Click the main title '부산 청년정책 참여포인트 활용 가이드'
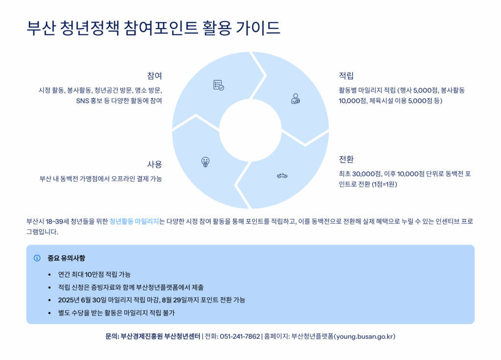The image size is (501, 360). tap(153, 28)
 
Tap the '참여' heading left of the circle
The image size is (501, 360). tap(155, 76)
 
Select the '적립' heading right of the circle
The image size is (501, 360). tap(346, 76)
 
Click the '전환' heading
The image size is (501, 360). tap(346, 159)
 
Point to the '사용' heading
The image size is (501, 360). tap(155, 164)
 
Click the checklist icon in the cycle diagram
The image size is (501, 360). tap(219, 85)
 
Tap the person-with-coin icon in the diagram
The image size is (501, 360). tap(296, 99)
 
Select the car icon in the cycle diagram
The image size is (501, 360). tap(282, 176)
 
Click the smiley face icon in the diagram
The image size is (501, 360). tap(205, 162)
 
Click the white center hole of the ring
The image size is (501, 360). tap(250, 130)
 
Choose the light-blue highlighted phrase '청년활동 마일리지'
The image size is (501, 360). tap(134, 222)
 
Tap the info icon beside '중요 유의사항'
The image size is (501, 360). tap(37, 258)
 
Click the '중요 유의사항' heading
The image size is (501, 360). tap(67, 258)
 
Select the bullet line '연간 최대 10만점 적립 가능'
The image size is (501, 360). tap(94, 274)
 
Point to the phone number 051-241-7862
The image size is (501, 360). tap(240, 337)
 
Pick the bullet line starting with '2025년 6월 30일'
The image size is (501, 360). tap(152, 300)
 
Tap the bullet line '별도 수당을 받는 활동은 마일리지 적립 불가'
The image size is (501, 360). tap(116, 313)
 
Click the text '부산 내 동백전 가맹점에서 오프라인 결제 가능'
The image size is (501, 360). tap(101, 179)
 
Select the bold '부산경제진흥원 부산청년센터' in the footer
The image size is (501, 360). tap(160, 337)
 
